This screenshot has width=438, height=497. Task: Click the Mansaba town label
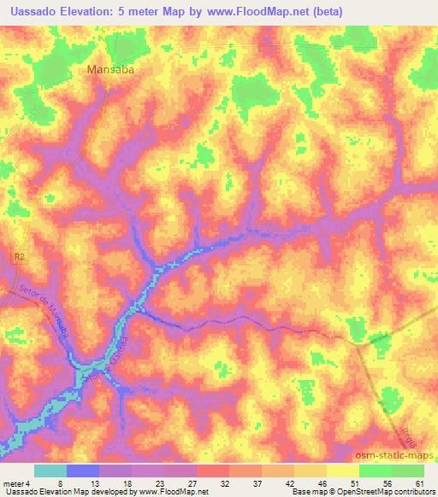coord(113,72)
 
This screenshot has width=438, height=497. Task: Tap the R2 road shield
coord(20,255)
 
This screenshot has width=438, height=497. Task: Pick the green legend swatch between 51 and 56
coord(376,471)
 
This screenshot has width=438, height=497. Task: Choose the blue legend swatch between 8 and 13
coord(82,471)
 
